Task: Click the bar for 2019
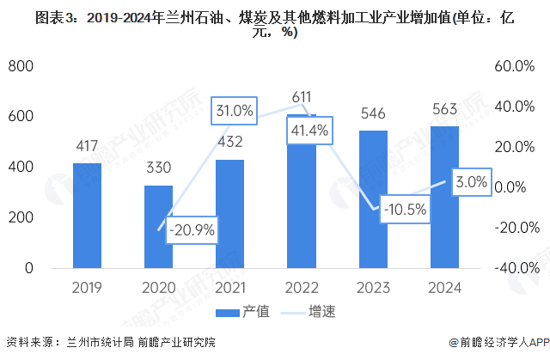tap(87, 215)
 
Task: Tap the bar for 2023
tap(373, 198)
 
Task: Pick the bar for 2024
tap(444, 197)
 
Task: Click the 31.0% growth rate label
tap(235, 110)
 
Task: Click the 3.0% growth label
tap(472, 182)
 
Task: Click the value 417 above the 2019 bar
tap(87, 145)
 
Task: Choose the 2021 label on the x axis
tap(229, 287)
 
